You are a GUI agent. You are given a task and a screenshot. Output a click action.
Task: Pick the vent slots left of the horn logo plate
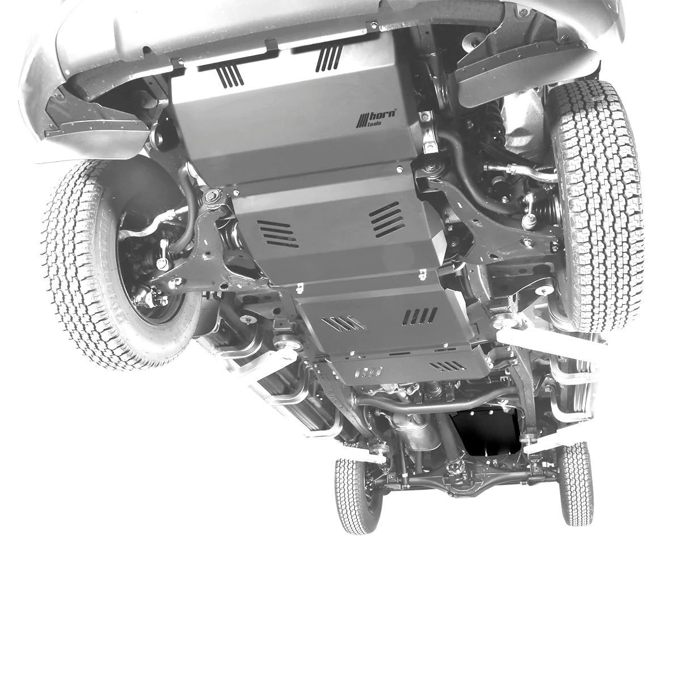[232, 77]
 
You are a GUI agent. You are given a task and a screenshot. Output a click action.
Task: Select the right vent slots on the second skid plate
[387, 218]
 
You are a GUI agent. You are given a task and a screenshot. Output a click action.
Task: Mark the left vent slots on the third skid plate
[344, 323]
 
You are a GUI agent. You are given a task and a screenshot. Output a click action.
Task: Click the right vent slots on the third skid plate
[421, 315]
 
